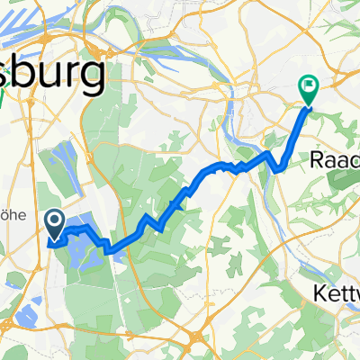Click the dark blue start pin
click(x=53, y=223)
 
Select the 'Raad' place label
click(x=334, y=159)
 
